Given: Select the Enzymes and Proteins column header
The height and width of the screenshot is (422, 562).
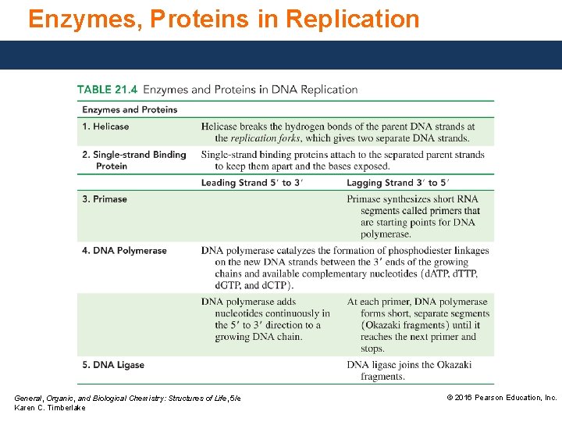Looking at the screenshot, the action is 130,109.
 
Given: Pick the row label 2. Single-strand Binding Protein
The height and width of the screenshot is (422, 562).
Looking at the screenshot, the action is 134,160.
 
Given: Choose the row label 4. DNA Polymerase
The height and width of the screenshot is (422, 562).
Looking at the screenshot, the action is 124,251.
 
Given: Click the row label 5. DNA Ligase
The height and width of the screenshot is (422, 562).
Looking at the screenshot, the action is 113,365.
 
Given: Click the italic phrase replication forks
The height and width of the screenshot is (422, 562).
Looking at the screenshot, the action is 265,138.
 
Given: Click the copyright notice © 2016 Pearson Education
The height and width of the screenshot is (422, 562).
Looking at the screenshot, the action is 501,398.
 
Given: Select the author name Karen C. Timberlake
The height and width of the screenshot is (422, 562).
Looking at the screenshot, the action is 50,408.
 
